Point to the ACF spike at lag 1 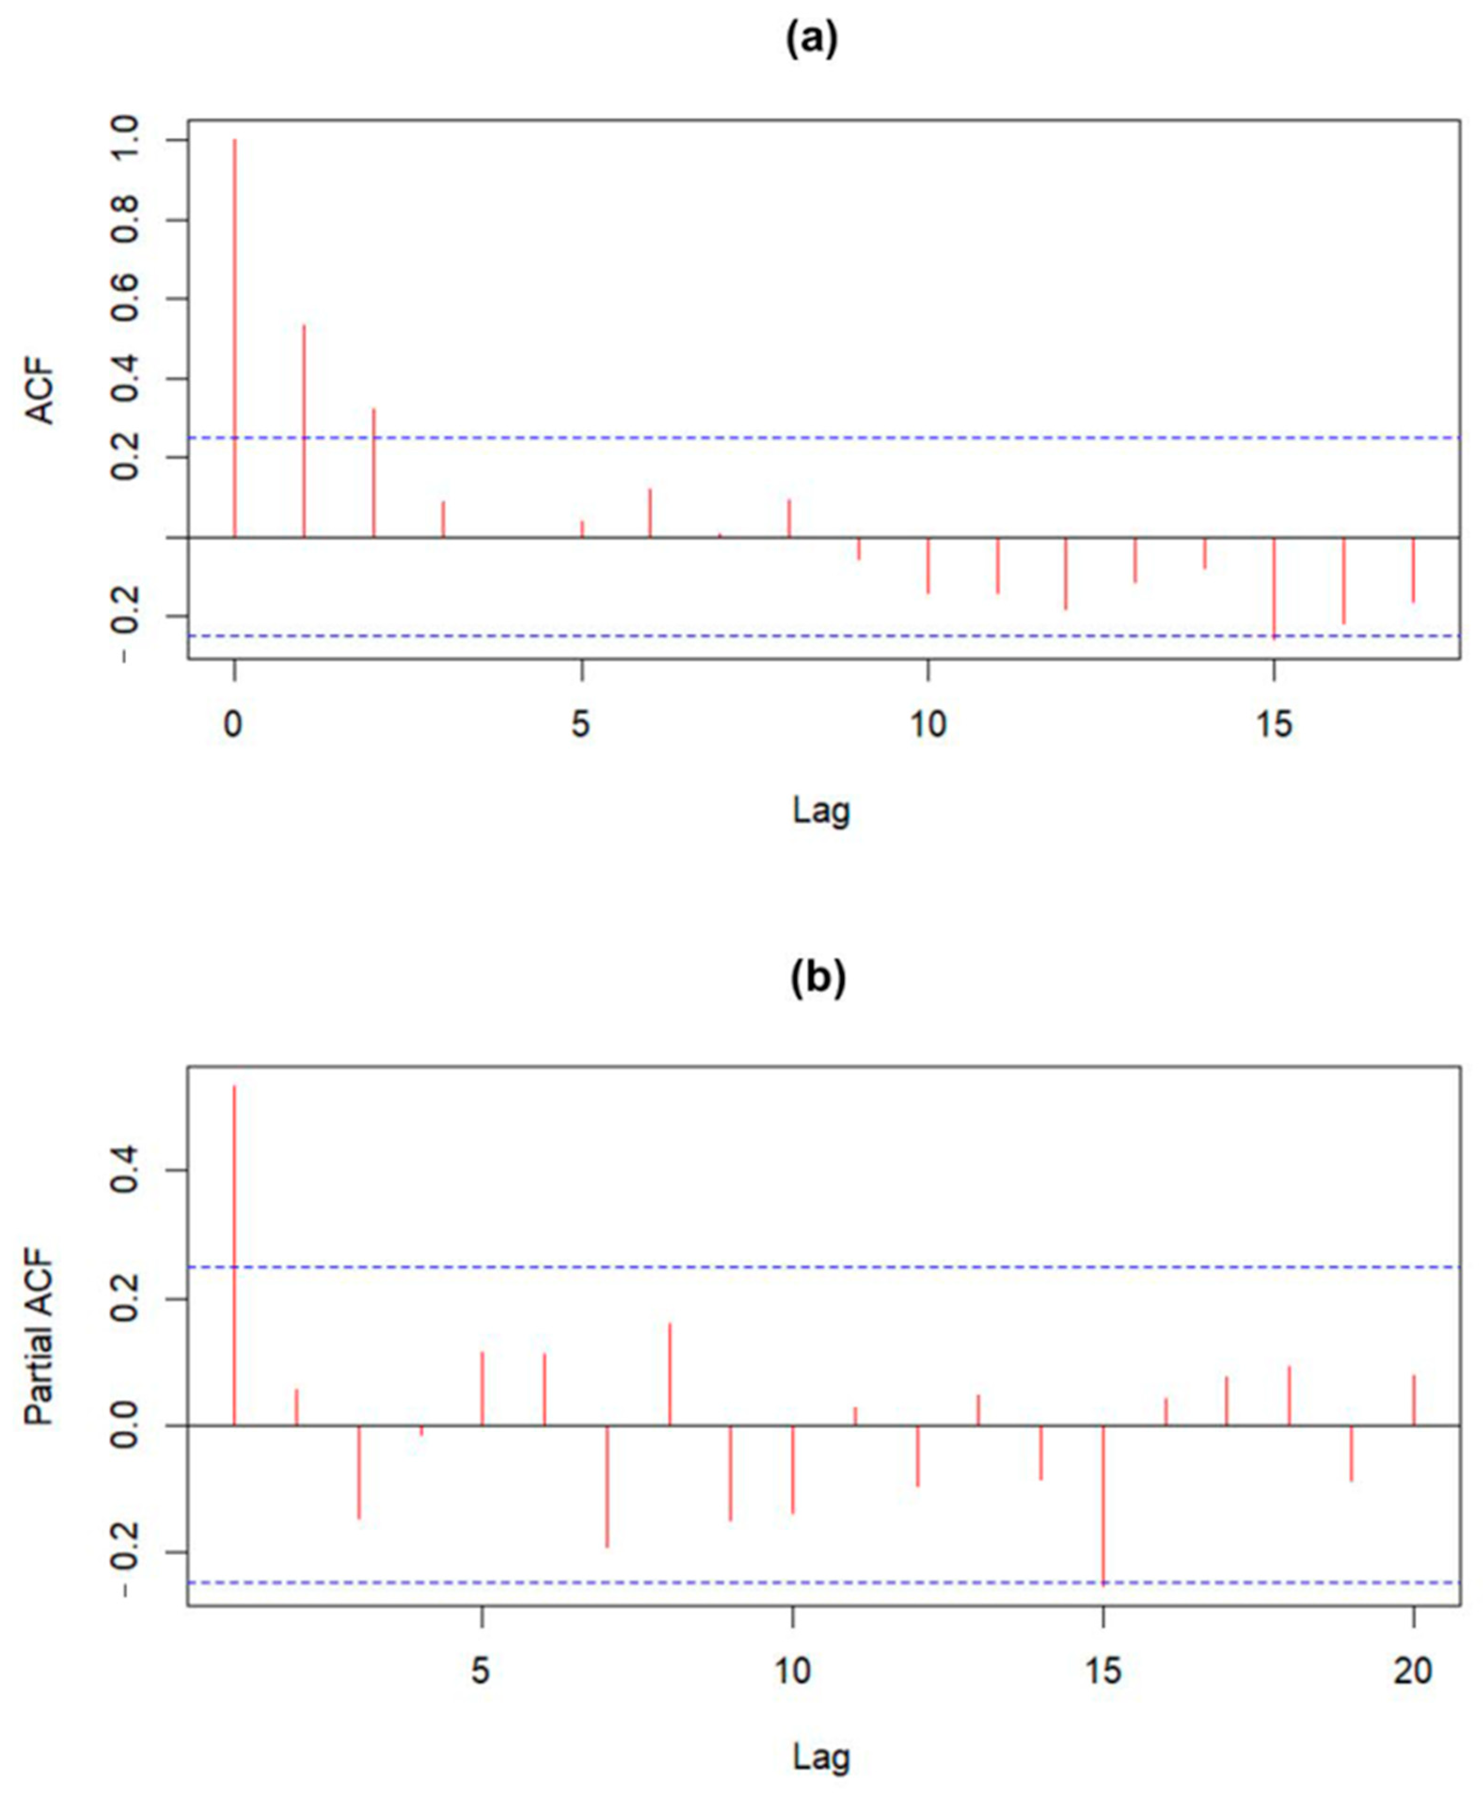click(x=304, y=431)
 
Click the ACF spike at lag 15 click(x=1274, y=588)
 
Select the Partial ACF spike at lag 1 click(x=234, y=1255)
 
